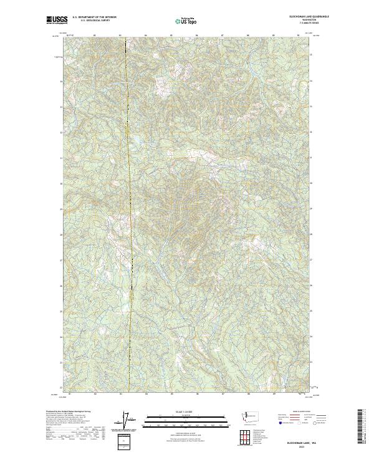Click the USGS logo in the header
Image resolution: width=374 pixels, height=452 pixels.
(57, 20)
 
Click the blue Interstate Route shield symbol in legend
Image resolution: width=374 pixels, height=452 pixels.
(279, 422)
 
